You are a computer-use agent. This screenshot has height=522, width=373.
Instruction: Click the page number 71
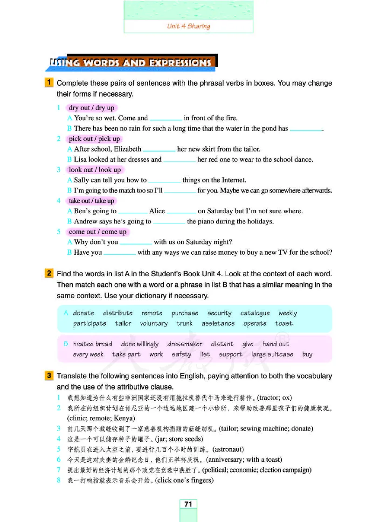[188, 504]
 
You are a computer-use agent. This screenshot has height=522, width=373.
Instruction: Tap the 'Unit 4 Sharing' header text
[188, 26]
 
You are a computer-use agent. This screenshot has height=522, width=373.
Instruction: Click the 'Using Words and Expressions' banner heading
[133, 62]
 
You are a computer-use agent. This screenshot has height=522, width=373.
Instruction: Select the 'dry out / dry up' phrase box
[91, 108]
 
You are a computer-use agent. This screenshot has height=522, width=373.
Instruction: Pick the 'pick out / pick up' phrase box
[94, 139]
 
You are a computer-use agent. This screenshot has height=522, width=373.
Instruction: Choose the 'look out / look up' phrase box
[95, 170]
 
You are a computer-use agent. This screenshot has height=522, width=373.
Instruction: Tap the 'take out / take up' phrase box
[91, 201]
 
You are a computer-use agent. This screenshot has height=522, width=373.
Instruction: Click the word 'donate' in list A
[83, 313]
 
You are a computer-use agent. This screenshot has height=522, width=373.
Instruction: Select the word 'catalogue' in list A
[255, 313]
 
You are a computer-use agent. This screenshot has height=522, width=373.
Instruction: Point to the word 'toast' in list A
[284, 323]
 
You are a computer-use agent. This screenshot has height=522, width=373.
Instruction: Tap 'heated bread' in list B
[92, 344]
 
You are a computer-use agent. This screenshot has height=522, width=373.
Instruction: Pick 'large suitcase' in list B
[272, 354]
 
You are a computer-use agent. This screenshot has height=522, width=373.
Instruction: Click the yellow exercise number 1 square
[49, 83]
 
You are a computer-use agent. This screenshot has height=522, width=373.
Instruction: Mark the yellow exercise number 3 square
[49, 376]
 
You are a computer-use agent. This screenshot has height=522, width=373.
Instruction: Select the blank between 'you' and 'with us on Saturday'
[136, 243]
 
